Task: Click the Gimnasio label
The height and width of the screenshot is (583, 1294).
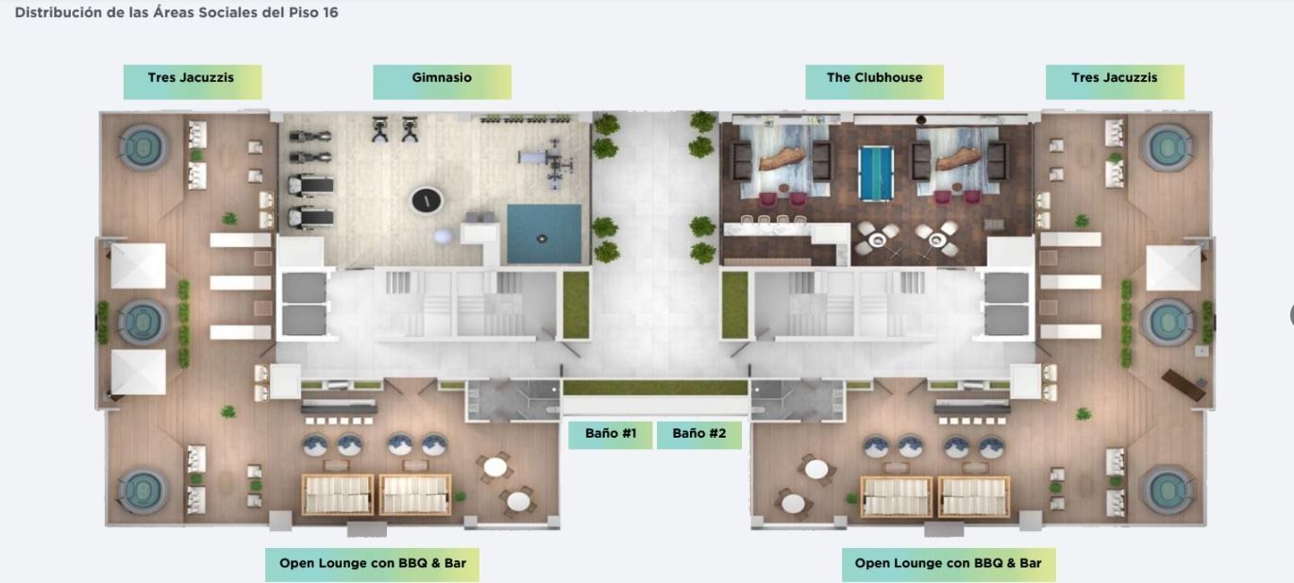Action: (x=442, y=81)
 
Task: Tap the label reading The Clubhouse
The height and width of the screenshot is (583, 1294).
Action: (x=875, y=81)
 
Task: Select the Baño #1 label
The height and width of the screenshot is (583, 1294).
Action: (x=611, y=435)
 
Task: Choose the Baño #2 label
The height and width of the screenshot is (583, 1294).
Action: (x=699, y=435)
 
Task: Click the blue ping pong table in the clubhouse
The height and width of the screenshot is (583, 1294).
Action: (x=876, y=174)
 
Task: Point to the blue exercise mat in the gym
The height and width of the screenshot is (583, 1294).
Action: (x=545, y=234)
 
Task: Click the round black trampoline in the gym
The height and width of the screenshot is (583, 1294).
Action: (x=427, y=200)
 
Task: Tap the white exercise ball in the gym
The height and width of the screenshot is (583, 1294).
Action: (x=444, y=236)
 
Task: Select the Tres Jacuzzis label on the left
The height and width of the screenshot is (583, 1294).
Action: (x=193, y=81)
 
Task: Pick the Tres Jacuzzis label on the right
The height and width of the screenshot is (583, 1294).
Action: (x=1115, y=81)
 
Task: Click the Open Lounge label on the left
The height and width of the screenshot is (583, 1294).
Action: (x=372, y=564)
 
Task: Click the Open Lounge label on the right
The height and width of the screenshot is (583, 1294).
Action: (x=949, y=564)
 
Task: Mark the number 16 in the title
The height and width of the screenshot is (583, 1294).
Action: (x=330, y=12)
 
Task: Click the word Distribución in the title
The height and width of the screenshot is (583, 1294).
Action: (x=59, y=12)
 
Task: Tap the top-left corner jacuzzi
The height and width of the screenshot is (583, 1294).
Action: (x=143, y=147)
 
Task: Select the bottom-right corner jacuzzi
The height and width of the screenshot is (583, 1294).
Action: (x=1168, y=490)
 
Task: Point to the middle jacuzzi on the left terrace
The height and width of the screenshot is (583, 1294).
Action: (x=143, y=322)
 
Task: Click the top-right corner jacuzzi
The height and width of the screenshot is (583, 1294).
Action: (x=1168, y=147)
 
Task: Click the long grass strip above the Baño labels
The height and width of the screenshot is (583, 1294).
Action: (x=655, y=388)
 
